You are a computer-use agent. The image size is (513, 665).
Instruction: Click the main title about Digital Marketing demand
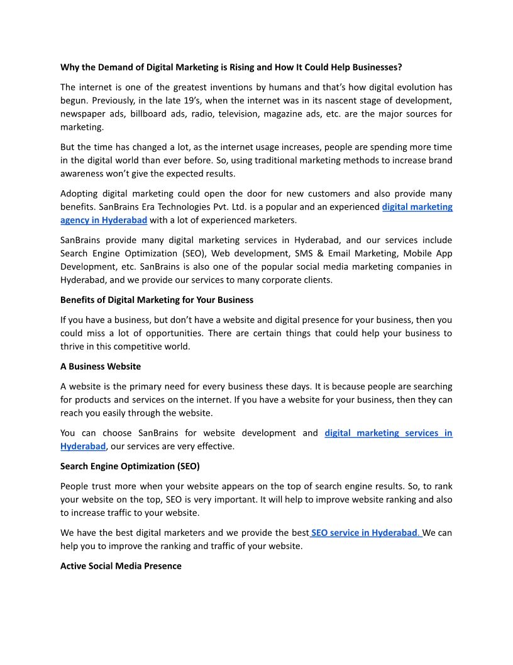coord(231,67)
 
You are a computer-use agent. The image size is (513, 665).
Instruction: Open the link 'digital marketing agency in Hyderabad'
coord(417,207)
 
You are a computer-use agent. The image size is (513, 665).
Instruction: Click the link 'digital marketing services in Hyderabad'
coord(388,433)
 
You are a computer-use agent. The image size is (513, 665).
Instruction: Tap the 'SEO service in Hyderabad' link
coord(365,533)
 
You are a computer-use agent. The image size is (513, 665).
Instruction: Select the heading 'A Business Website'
coord(101,366)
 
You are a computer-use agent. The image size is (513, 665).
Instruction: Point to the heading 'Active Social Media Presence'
coord(121,566)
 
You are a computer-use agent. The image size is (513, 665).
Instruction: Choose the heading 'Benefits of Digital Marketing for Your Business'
coord(157,299)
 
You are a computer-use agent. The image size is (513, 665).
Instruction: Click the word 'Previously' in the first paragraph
coord(84,100)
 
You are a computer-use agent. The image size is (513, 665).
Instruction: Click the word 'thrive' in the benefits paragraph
coord(74,346)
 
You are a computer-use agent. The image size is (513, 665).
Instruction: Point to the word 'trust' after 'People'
coord(108,486)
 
